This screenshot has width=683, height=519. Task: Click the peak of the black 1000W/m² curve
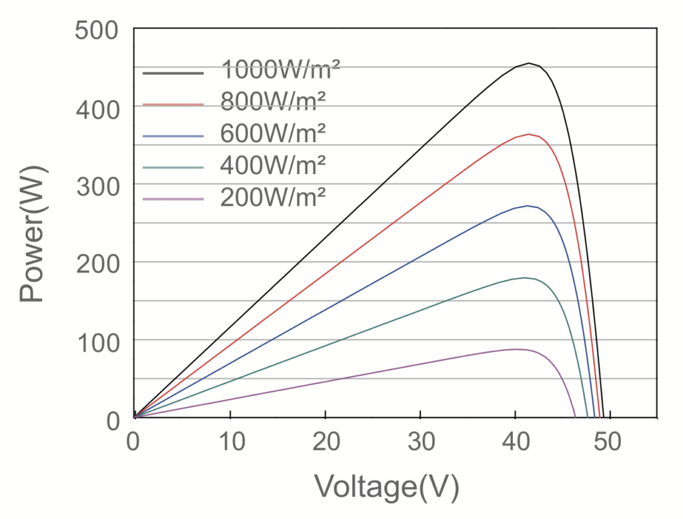[x=529, y=63]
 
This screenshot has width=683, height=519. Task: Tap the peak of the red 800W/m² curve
[x=528, y=134]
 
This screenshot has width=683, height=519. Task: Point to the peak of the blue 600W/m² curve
[x=528, y=205]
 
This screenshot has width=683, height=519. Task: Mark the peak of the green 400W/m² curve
[x=526, y=278]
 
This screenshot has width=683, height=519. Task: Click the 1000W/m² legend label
[x=281, y=69]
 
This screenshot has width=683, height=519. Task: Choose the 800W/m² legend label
[x=273, y=101]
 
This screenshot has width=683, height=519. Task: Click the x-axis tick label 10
[x=229, y=441]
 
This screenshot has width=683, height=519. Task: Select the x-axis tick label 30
[x=420, y=441]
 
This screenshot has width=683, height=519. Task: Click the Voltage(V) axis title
[x=387, y=488]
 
